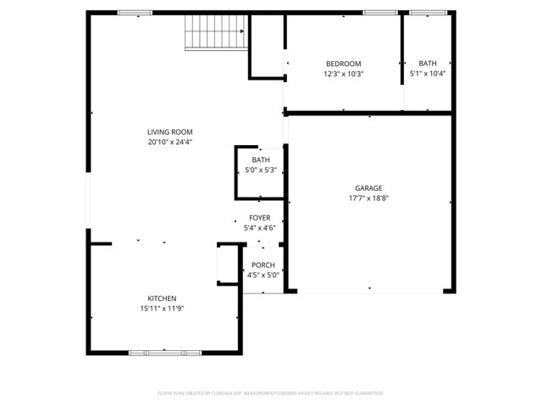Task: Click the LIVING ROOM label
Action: tap(170, 131)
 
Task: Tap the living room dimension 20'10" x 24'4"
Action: tap(170, 142)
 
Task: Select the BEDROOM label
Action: tap(343, 64)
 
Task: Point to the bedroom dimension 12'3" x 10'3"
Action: tap(343, 74)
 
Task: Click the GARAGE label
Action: tap(368, 187)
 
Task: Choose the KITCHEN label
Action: tap(162, 298)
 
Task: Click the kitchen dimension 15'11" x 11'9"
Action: tap(162, 309)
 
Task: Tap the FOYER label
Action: tap(259, 218)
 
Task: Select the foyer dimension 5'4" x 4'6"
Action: tap(259, 228)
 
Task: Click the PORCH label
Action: tap(263, 265)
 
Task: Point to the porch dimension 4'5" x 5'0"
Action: tap(263, 276)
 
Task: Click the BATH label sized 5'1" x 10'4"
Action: tap(428, 64)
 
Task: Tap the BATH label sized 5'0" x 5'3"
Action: tap(260, 160)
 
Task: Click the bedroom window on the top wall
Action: tap(380, 13)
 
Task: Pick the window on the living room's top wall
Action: tap(135, 13)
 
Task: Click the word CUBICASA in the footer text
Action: tap(241, 393)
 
